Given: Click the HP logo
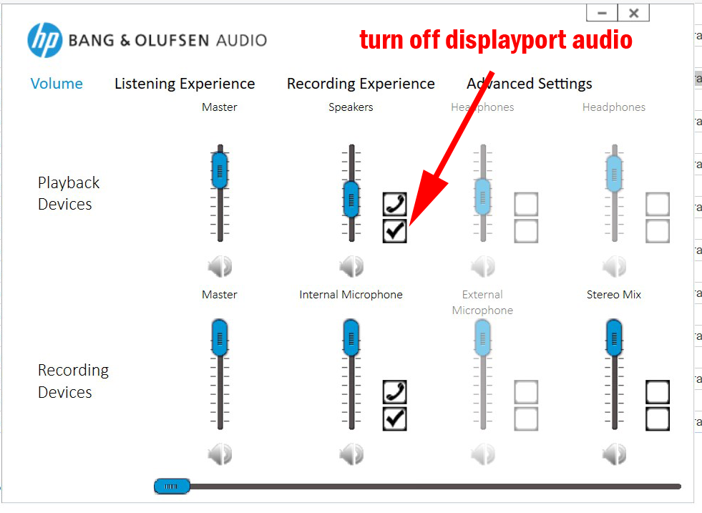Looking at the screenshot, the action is [45, 40].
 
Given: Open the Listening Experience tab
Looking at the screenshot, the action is [185, 84].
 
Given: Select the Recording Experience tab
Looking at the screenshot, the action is [361, 84].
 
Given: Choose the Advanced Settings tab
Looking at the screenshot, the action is [530, 84].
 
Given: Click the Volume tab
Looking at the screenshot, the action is [57, 84].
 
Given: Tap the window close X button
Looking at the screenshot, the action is [633, 13].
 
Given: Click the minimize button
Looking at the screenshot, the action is [602, 13].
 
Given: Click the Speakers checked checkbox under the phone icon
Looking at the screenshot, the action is [394, 231].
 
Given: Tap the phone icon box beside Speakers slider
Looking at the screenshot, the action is [394, 204].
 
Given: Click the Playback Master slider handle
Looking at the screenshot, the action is [220, 170].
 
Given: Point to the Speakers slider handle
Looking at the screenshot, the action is [351, 199].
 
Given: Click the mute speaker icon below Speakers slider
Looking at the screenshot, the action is [351, 267].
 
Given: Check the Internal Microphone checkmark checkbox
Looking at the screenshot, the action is [394, 419].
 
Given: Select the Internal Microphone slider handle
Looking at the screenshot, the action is [351, 338].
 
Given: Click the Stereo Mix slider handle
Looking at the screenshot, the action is [614, 338].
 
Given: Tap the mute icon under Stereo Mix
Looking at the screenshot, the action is [614, 455].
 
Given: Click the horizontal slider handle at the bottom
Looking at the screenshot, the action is [172, 486].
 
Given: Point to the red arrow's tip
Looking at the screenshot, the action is [409, 226].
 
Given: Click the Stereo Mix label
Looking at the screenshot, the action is [614, 295].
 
